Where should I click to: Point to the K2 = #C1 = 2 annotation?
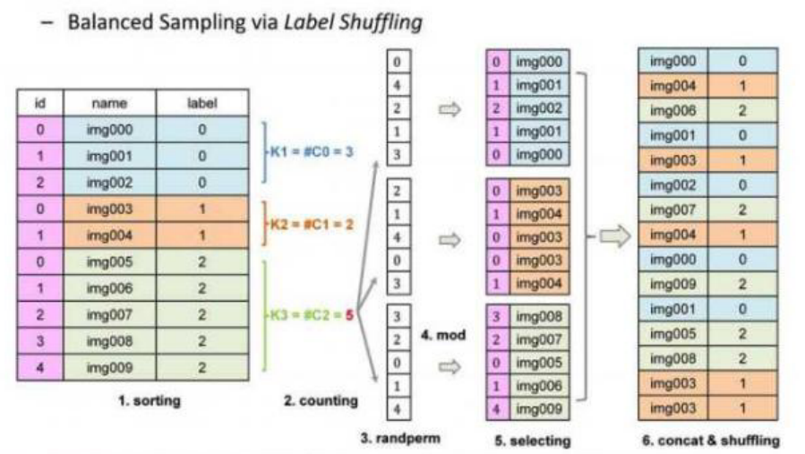311,224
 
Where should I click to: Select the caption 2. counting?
321,401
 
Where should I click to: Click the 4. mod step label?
440,336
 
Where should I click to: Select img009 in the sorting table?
109,366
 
